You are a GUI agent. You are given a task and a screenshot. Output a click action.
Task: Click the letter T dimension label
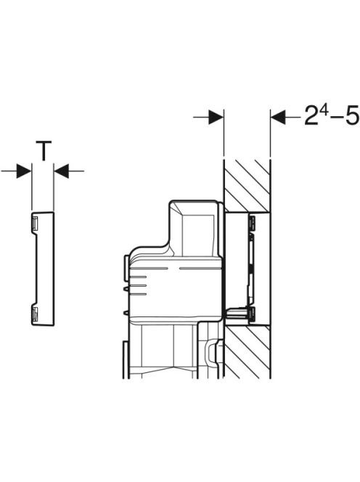[x=44, y=151]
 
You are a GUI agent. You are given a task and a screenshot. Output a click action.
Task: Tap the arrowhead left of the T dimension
[x=24, y=171]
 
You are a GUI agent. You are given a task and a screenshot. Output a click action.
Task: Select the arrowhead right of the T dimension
[x=62, y=171]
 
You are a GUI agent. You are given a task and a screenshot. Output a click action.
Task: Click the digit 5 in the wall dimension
[x=352, y=115]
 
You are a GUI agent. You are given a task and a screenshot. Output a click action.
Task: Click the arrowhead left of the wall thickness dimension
[x=216, y=117]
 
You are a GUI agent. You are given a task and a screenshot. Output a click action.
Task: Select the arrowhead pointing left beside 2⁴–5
[x=278, y=117]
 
